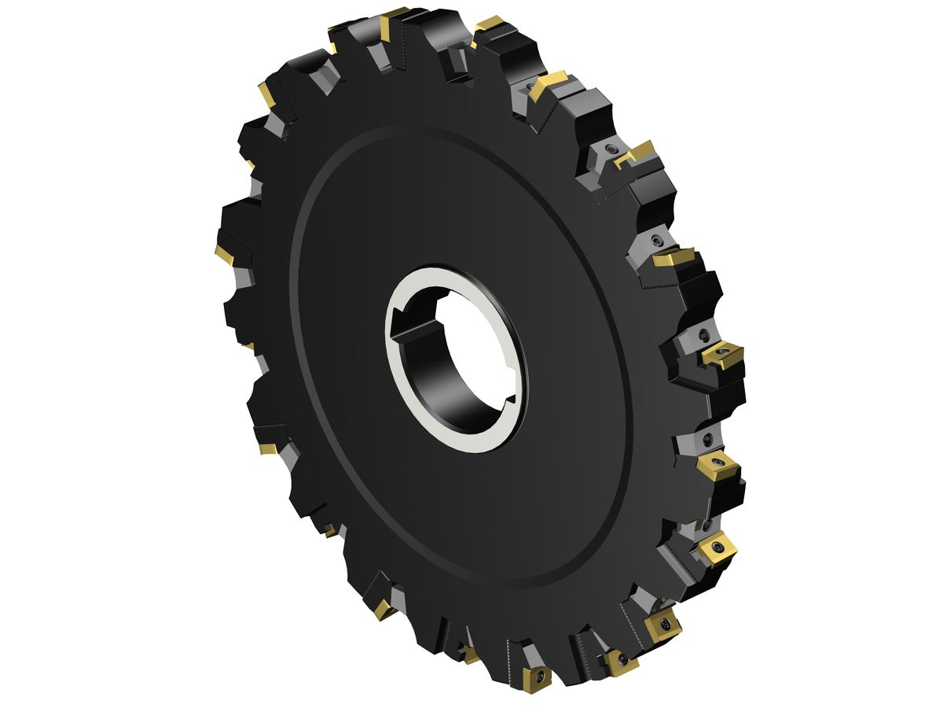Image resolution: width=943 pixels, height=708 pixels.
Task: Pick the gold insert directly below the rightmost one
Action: (717, 466)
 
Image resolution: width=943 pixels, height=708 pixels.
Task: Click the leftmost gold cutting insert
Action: (224, 254)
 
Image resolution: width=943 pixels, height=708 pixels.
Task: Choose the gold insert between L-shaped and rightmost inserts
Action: (673, 256)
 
